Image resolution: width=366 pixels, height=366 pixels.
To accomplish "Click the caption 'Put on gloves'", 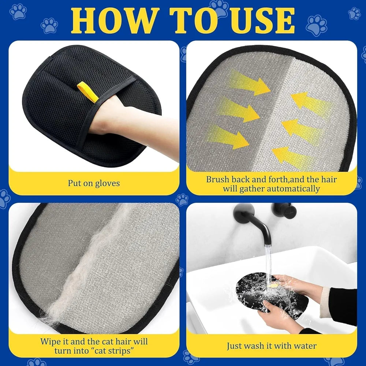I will coord(94,183).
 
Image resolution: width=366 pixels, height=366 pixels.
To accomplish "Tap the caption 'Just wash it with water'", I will coord(272,346).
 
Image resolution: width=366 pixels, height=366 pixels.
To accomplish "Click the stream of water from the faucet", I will coord(268,260).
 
